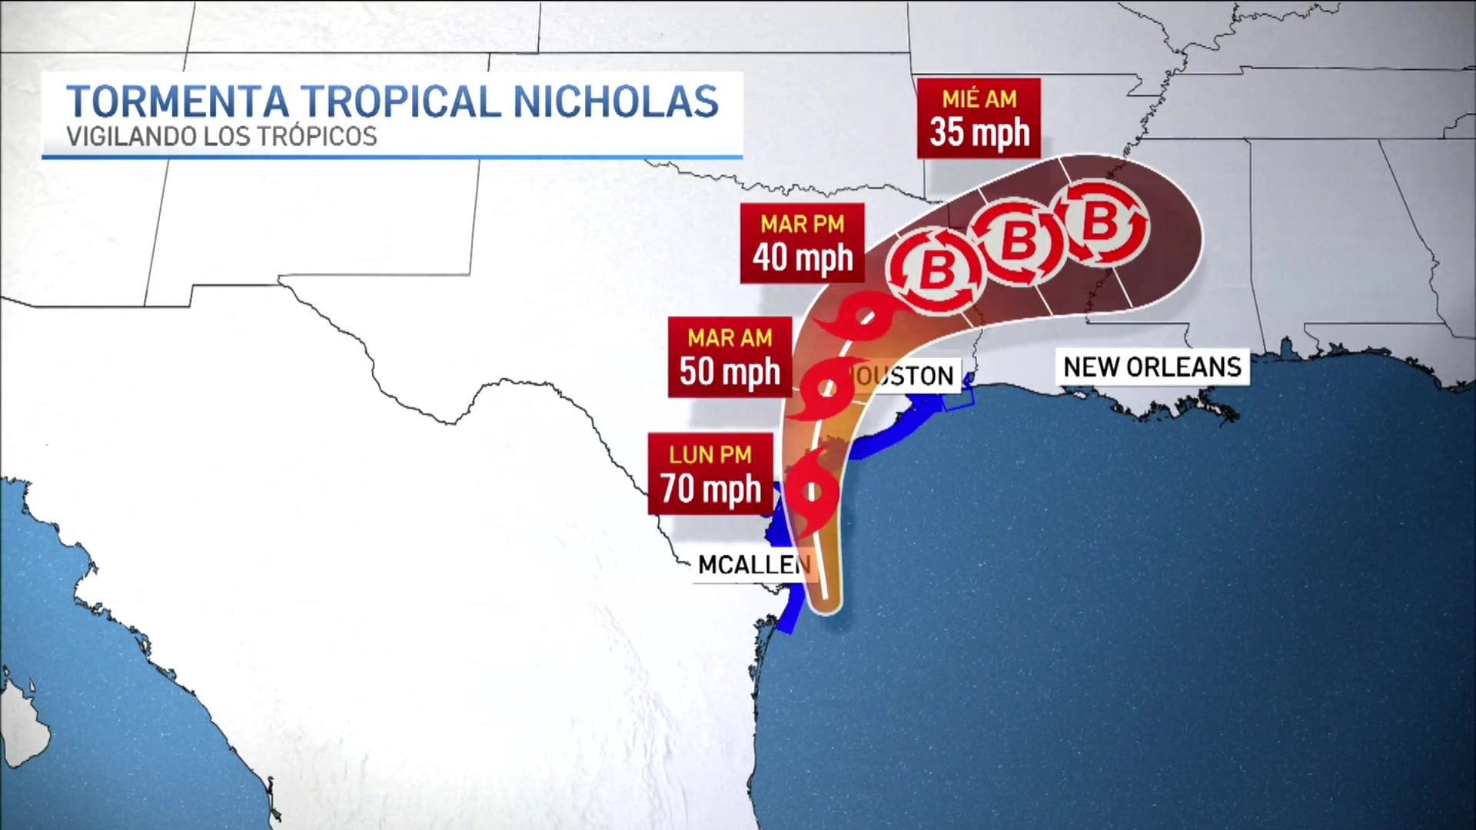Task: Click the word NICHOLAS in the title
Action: tap(615, 101)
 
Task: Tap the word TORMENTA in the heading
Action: tap(178, 101)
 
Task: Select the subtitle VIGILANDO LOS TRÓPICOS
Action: tap(221, 136)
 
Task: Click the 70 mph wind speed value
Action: tap(710, 489)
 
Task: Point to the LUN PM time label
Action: tap(710, 455)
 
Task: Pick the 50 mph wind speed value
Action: tap(730, 371)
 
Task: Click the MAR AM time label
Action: tap(730, 338)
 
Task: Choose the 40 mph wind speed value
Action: tap(803, 257)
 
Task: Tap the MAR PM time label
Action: tap(803, 224)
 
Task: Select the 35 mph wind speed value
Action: tap(979, 132)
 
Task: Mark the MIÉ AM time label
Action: tap(979, 99)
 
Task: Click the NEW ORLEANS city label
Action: tap(1152, 367)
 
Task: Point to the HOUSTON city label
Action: tap(904, 376)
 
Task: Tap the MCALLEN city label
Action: tap(753, 565)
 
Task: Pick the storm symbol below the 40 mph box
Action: tap(865, 317)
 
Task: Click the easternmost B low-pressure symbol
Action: tap(1100, 222)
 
